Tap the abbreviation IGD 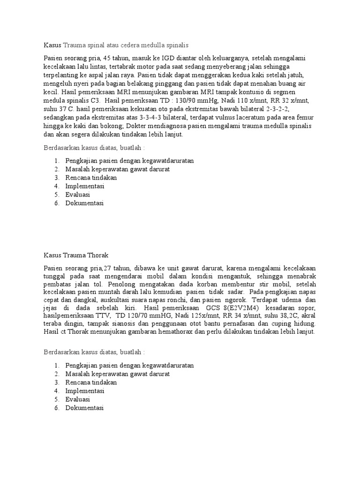tap(167, 58)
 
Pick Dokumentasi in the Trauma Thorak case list tap(84, 407)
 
